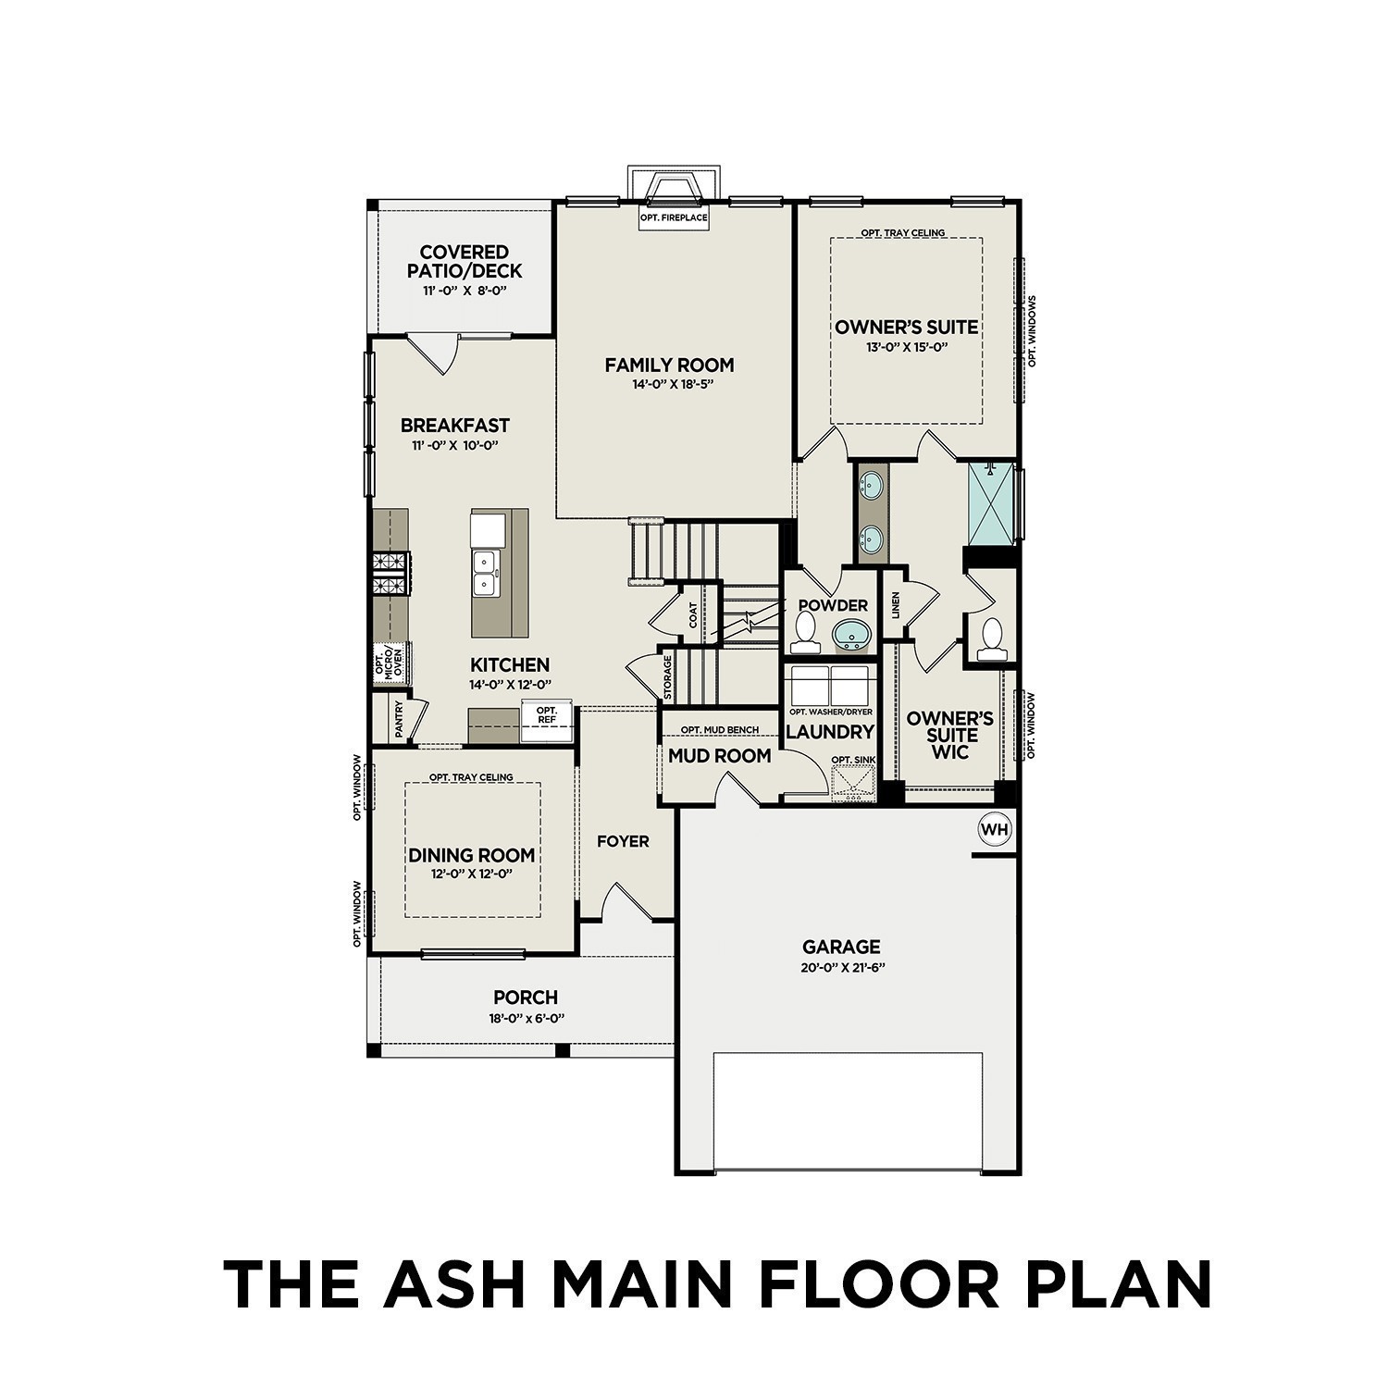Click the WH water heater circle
[x=995, y=829]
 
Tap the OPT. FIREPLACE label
[x=674, y=218]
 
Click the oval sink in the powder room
[x=851, y=636]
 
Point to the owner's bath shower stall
[x=991, y=503]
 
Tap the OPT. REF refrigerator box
[x=546, y=715]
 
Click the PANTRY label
[x=399, y=719]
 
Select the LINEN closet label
[x=895, y=606]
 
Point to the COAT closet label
[x=692, y=615]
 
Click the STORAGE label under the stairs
[x=667, y=678]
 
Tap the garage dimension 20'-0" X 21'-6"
[x=841, y=968]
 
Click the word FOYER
[x=623, y=841]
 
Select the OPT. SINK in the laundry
[x=853, y=780]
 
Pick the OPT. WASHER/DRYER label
[x=830, y=712]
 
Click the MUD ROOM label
[x=720, y=756]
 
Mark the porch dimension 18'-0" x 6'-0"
[x=527, y=1018]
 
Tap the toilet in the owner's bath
[x=992, y=638]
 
